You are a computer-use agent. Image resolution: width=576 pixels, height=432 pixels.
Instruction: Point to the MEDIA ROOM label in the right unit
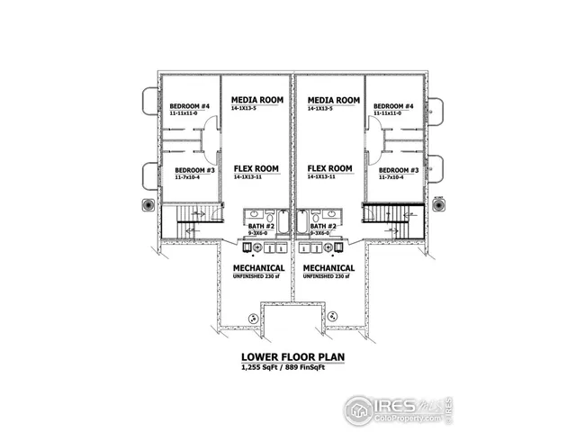[334, 100]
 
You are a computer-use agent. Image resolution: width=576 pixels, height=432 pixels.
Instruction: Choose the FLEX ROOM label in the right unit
[329, 168]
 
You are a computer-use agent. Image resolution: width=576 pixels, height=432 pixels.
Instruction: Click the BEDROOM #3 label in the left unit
[194, 170]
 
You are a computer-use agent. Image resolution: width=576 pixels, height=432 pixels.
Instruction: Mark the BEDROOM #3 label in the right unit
[399, 170]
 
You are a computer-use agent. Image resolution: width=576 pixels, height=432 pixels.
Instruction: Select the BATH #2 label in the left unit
[262, 226]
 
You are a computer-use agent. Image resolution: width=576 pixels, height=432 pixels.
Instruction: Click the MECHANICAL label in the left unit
[259, 268]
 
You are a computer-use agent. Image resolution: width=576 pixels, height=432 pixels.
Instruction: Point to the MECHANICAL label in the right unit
[328, 268]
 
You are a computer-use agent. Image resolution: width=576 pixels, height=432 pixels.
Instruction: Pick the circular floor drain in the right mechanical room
[333, 315]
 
